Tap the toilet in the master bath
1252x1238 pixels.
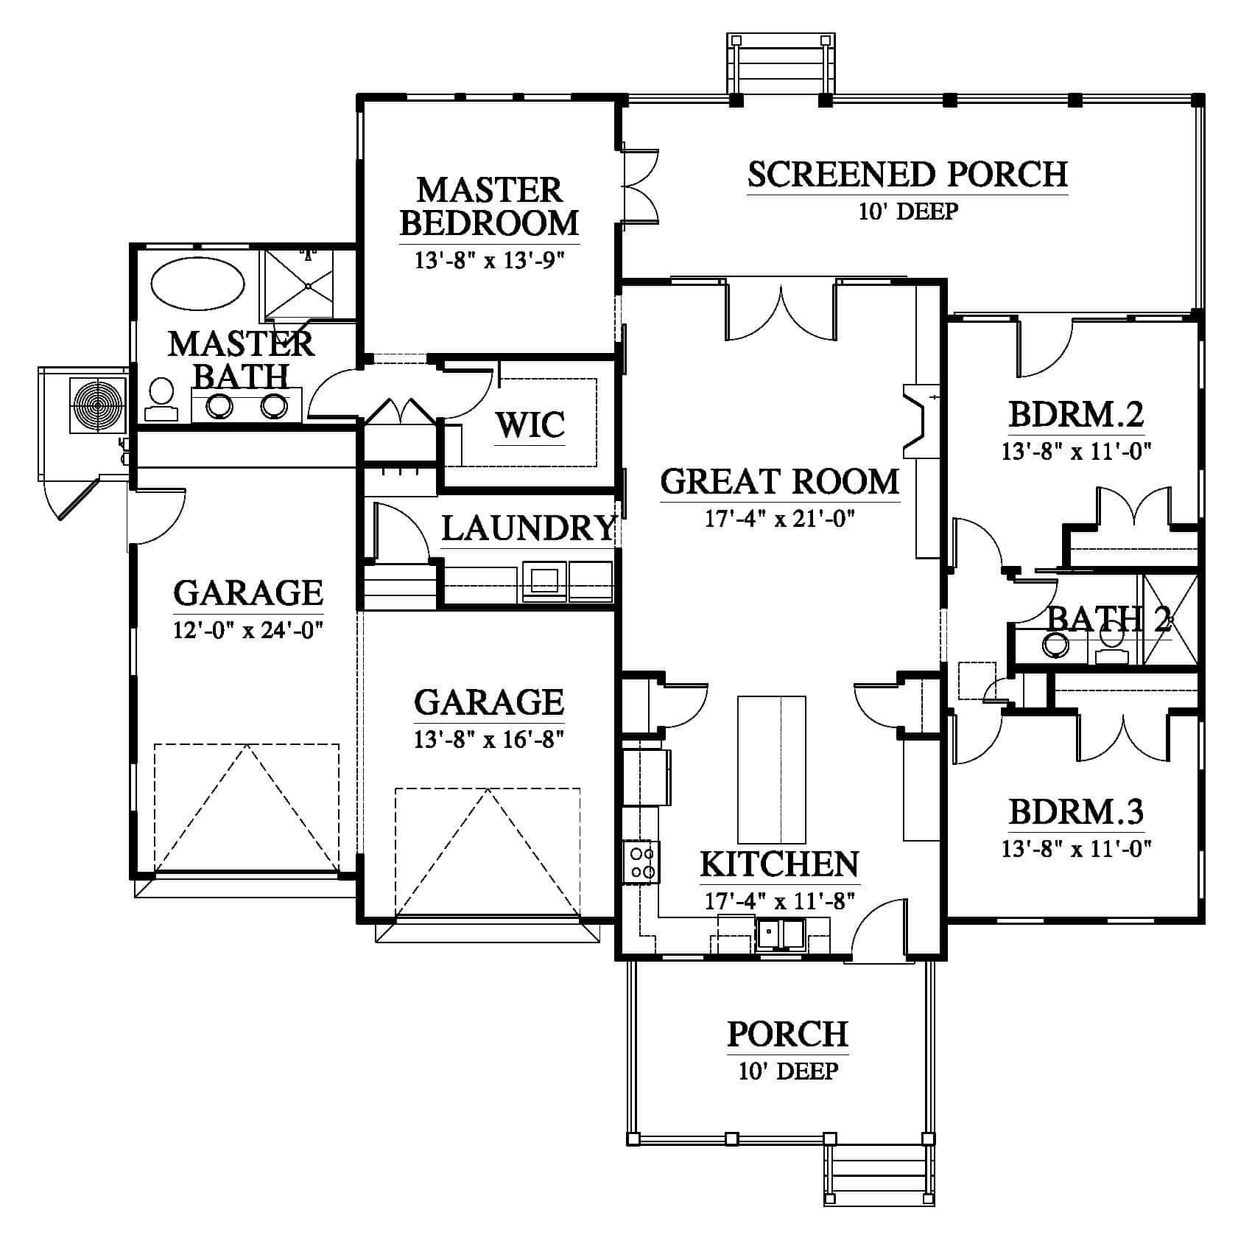pos(161,400)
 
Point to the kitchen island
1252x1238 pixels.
pos(772,769)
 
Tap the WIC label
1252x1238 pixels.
pos(531,426)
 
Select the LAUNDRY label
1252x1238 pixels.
pos(528,528)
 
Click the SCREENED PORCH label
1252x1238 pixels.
pos(907,175)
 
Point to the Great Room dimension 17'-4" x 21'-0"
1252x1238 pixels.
pos(779,520)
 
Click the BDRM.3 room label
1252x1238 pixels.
pos(1075,813)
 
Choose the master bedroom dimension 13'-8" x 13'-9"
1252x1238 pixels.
pos(489,261)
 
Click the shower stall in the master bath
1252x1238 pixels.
pos(299,284)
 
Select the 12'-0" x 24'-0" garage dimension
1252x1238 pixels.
pos(249,631)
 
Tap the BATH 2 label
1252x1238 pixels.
pos(1108,619)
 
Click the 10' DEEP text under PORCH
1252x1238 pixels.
pos(787,1071)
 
